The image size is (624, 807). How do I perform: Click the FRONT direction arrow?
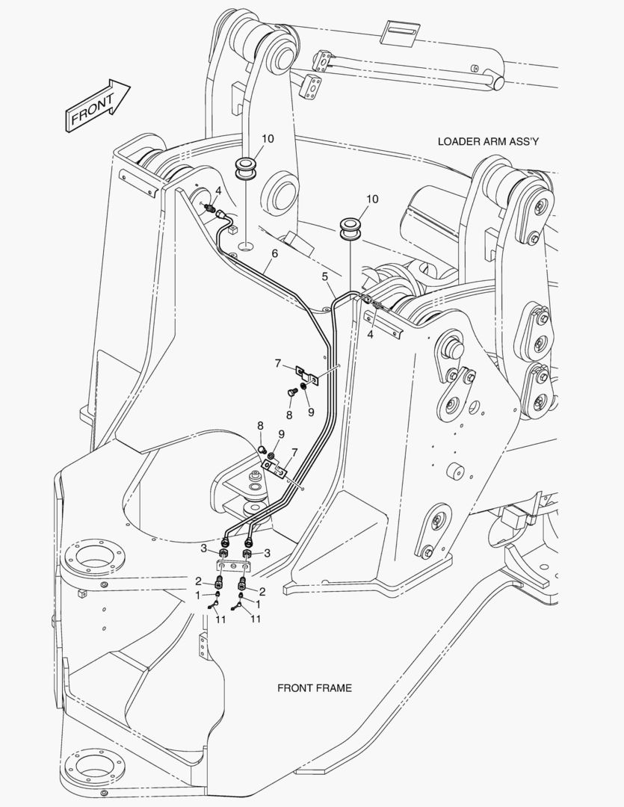(97, 105)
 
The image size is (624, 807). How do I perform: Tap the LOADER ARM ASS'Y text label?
(487, 141)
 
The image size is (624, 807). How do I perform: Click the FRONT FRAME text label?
(315, 688)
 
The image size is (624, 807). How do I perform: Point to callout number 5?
(325, 277)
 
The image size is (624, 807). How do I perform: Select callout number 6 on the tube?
(275, 253)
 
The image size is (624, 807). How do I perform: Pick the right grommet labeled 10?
(350, 229)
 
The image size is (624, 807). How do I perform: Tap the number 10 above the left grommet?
(268, 138)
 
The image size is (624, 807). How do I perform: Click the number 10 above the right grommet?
(372, 199)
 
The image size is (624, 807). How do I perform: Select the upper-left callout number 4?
(218, 191)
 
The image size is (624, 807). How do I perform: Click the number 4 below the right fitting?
(370, 335)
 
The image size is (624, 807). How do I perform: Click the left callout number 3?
(204, 548)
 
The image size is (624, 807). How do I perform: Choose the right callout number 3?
(268, 553)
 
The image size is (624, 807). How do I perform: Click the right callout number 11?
(256, 619)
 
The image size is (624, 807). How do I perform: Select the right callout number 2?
(262, 591)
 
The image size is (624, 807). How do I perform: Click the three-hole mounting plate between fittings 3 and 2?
(234, 566)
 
